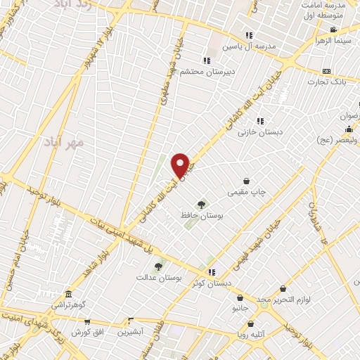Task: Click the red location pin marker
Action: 181,165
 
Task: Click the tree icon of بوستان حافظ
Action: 202,205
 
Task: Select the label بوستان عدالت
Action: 159,278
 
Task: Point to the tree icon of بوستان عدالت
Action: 158,266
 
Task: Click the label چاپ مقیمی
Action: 246,192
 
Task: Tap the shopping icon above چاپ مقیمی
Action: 246,181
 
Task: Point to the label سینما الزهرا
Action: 334,41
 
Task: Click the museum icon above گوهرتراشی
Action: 67,295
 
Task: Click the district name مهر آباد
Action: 64,142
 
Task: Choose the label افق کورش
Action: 89,331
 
